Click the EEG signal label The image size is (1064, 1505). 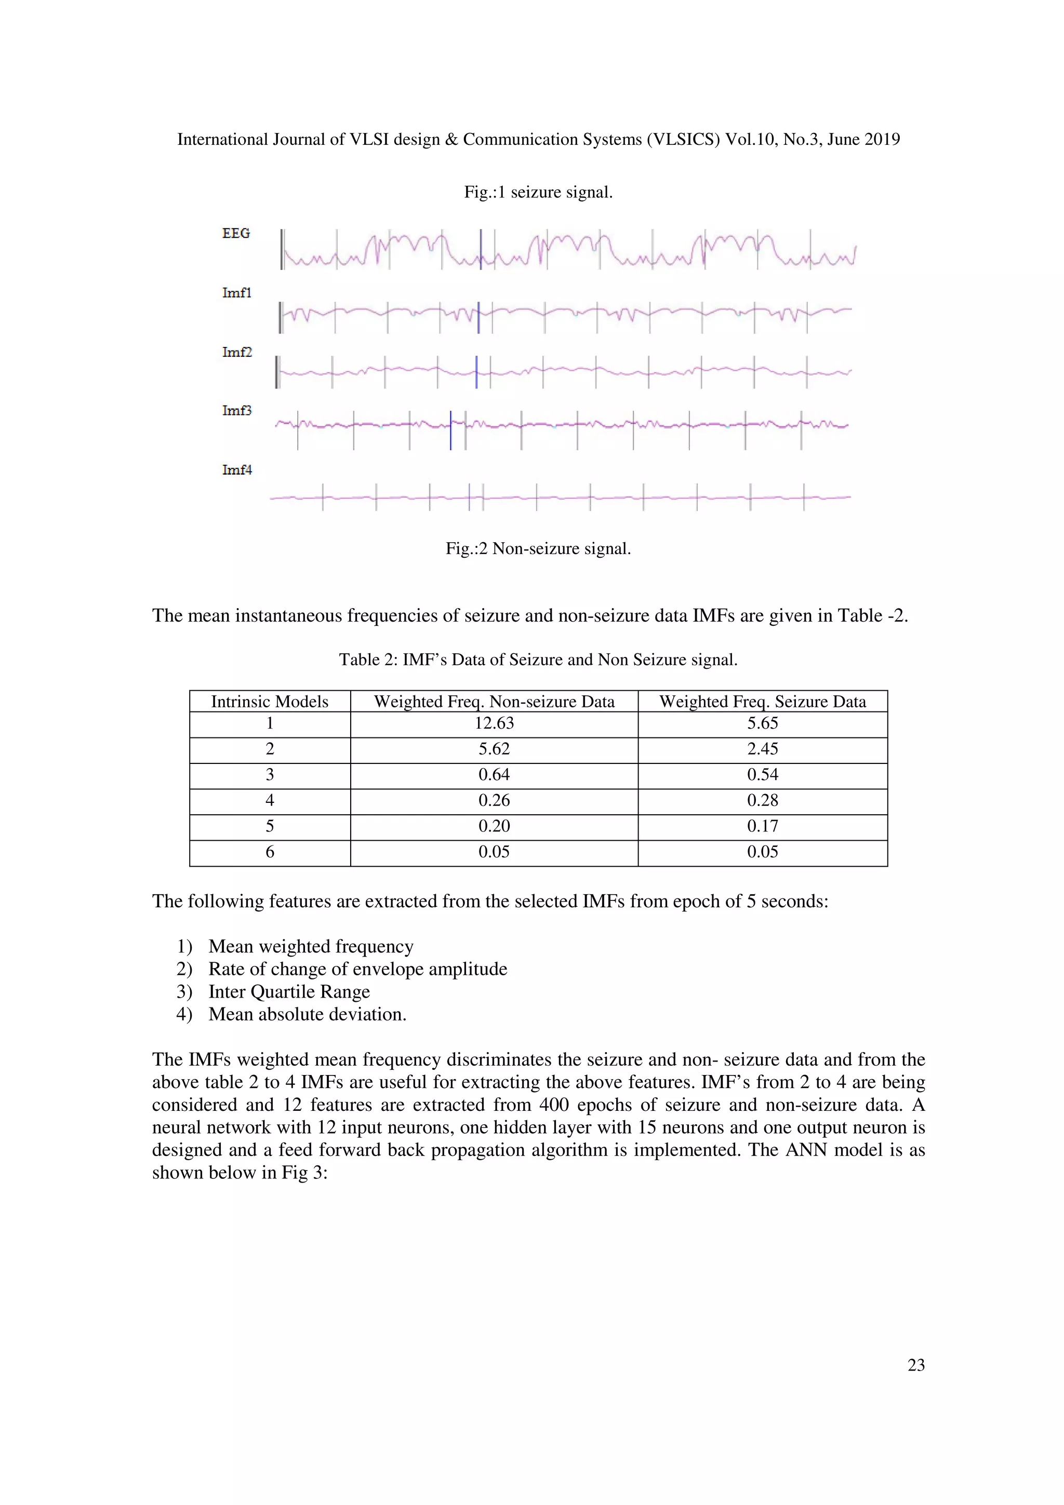tap(236, 233)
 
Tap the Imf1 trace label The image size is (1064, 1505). tap(237, 293)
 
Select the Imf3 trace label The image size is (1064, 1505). tap(237, 410)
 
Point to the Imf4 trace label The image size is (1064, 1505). tap(237, 470)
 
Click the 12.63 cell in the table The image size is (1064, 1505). tap(494, 723)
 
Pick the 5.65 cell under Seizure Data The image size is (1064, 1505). tap(763, 723)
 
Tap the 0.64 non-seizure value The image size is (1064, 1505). tap(494, 775)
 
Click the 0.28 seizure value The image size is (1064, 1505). tap(763, 800)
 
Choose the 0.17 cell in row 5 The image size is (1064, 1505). tap(763, 826)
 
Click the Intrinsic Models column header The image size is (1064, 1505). tap(270, 702)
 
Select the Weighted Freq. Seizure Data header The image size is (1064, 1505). tap(763, 702)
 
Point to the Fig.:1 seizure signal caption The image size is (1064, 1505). tap(538, 192)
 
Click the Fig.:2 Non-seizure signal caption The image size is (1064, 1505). tap(538, 548)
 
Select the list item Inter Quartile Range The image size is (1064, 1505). tap(289, 992)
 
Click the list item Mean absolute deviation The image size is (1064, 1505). tap(308, 1015)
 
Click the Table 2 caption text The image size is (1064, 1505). tap(538, 660)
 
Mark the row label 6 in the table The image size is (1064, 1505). tap(270, 852)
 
